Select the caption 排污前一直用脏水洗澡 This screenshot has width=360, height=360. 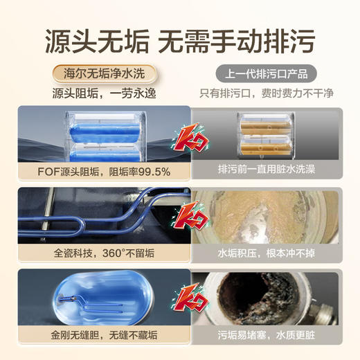coord(257,170)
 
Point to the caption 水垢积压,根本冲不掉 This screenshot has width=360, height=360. coord(258,253)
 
